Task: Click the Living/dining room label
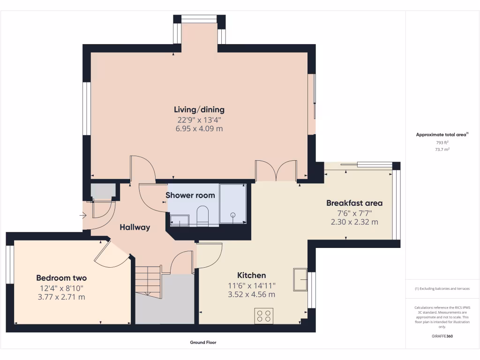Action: pos(199,110)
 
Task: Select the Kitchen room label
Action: pos(251,275)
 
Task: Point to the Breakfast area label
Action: pos(354,203)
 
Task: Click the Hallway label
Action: pos(135,227)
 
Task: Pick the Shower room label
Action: pos(190,195)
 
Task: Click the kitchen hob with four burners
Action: pos(264,315)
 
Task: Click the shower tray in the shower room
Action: pos(233,203)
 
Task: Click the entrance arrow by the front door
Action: pos(83,216)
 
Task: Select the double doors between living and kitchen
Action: pos(276,171)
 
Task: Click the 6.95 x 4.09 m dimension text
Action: pos(199,128)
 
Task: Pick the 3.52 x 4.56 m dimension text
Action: pos(251,294)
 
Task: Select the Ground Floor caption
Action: pos(203,343)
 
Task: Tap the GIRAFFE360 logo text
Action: pos(442,336)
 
